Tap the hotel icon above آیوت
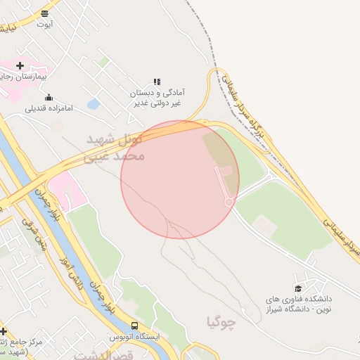pyautogui.click(x=45, y=13)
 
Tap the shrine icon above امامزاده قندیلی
pyautogui.click(x=49, y=97)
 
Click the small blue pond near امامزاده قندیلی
pyautogui.click(x=93, y=104)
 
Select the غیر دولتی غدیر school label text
pyautogui.click(x=158, y=103)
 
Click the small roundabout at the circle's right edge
pyautogui.click(x=229, y=202)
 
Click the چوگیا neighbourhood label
pyautogui.click(x=221, y=322)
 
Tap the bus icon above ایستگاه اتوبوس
pyautogui.click(x=134, y=326)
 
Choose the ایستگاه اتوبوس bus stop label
pyautogui.click(x=140, y=337)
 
